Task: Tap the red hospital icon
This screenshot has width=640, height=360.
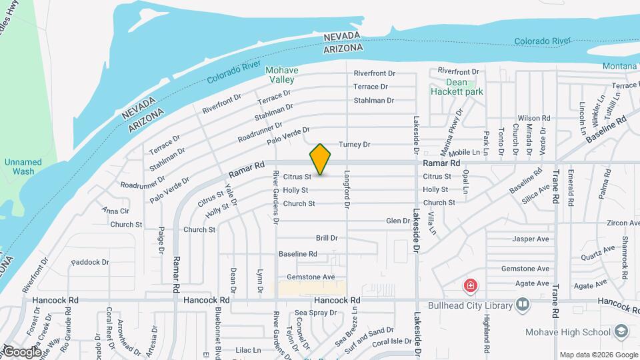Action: point(471,287)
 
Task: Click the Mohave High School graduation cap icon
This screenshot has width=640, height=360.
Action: point(621,331)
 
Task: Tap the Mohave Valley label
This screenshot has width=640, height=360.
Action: point(281,75)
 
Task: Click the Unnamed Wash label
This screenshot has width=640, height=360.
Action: point(23,167)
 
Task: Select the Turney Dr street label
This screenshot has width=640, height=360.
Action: point(354,145)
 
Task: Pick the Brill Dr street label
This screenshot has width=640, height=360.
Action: point(327,238)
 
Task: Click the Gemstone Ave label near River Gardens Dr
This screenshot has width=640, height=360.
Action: point(310,277)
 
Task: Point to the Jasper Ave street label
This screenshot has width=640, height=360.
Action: point(531,239)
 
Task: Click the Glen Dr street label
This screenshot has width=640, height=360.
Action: point(398,221)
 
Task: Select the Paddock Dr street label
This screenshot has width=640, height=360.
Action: point(90,263)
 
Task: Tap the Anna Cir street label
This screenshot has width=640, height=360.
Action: point(115,211)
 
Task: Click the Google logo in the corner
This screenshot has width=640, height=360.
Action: point(21,352)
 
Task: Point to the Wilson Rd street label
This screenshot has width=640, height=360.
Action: point(533,118)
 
